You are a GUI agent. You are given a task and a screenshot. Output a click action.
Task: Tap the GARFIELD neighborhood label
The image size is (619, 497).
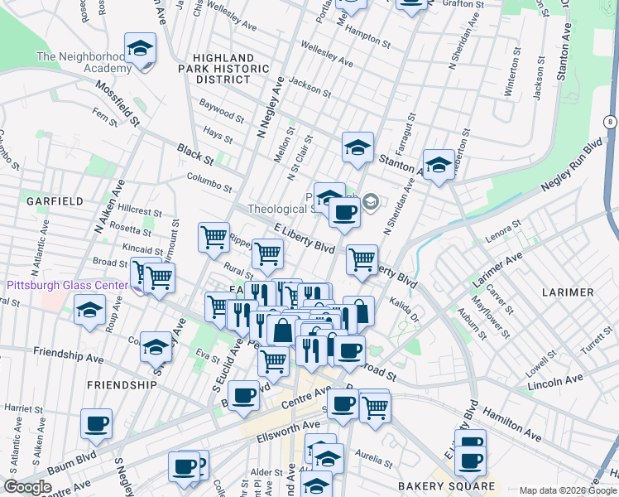click(x=54, y=201)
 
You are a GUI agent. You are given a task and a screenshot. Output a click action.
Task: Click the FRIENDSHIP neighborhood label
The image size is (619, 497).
click(x=121, y=385)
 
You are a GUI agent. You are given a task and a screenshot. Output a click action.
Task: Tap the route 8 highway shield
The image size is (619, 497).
click(x=610, y=122)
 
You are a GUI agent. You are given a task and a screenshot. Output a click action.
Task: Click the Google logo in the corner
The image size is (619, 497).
click(x=27, y=487)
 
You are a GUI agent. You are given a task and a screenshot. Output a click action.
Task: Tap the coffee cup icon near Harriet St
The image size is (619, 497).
click(x=96, y=424)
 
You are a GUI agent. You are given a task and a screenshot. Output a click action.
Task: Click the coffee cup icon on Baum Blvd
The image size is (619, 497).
click(x=243, y=395)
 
